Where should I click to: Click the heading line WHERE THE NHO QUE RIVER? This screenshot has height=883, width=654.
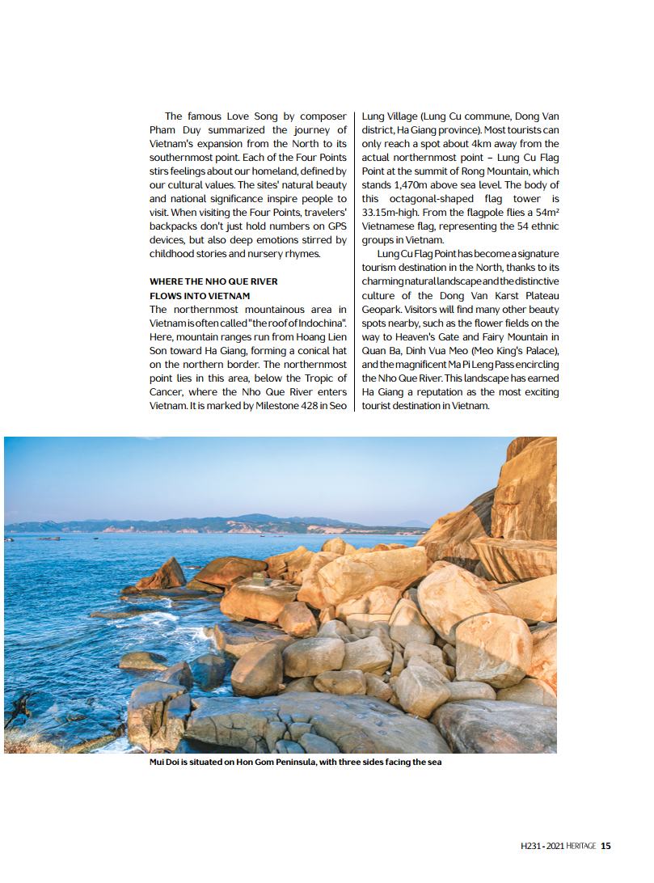point(213,281)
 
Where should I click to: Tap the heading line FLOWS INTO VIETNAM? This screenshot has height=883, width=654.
point(200,296)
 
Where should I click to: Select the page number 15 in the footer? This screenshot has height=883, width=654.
point(606,846)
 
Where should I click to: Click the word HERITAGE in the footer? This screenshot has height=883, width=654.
point(580,846)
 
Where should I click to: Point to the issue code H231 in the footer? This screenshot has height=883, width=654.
point(531,846)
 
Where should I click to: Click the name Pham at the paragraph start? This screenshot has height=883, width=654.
point(165,129)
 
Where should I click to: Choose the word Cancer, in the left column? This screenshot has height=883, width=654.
point(167,392)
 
